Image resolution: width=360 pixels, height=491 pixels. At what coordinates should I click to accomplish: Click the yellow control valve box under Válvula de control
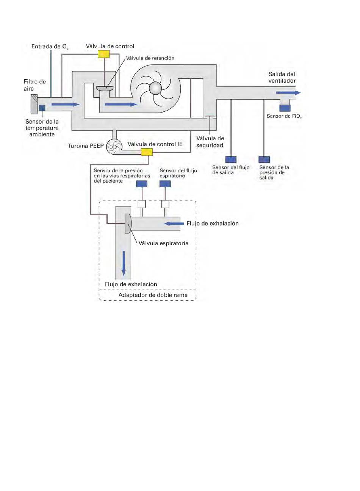(x=103, y=54)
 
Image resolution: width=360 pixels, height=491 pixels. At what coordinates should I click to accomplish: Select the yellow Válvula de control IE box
(x=146, y=152)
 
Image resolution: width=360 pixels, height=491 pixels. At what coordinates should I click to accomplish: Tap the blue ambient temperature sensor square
(x=42, y=108)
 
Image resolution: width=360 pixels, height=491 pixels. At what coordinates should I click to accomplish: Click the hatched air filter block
(x=34, y=104)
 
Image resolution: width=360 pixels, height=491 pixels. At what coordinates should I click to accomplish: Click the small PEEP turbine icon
(x=114, y=146)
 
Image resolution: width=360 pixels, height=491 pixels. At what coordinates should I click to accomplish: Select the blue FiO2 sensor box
(x=285, y=108)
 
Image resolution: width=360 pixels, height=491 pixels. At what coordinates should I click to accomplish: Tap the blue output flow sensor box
(x=231, y=159)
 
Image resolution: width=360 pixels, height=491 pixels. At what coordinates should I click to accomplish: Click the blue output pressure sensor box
(x=264, y=159)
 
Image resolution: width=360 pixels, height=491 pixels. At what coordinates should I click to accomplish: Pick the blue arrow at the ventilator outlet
(x=288, y=93)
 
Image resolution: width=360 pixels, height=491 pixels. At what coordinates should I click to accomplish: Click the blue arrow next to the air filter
(x=65, y=104)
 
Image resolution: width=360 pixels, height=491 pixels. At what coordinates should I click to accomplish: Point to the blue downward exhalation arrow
(x=124, y=263)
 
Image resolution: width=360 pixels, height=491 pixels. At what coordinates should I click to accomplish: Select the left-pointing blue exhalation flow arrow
(x=174, y=224)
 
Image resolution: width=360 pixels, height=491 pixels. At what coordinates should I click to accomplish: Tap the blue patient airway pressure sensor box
(x=142, y=184)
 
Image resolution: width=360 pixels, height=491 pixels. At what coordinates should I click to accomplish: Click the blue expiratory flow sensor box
(x=165, y=184)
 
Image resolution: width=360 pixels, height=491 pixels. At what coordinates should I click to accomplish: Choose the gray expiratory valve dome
(x=128, y=224)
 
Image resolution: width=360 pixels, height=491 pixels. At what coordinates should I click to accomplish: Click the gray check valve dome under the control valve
(x=105, y=88)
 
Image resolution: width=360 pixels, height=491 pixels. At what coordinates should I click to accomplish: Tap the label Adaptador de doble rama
(x=153, y=295)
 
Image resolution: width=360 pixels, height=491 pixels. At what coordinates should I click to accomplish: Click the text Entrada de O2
(x=50, y=47)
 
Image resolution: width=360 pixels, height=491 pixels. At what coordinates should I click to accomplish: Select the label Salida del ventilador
(x=282, y=77)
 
